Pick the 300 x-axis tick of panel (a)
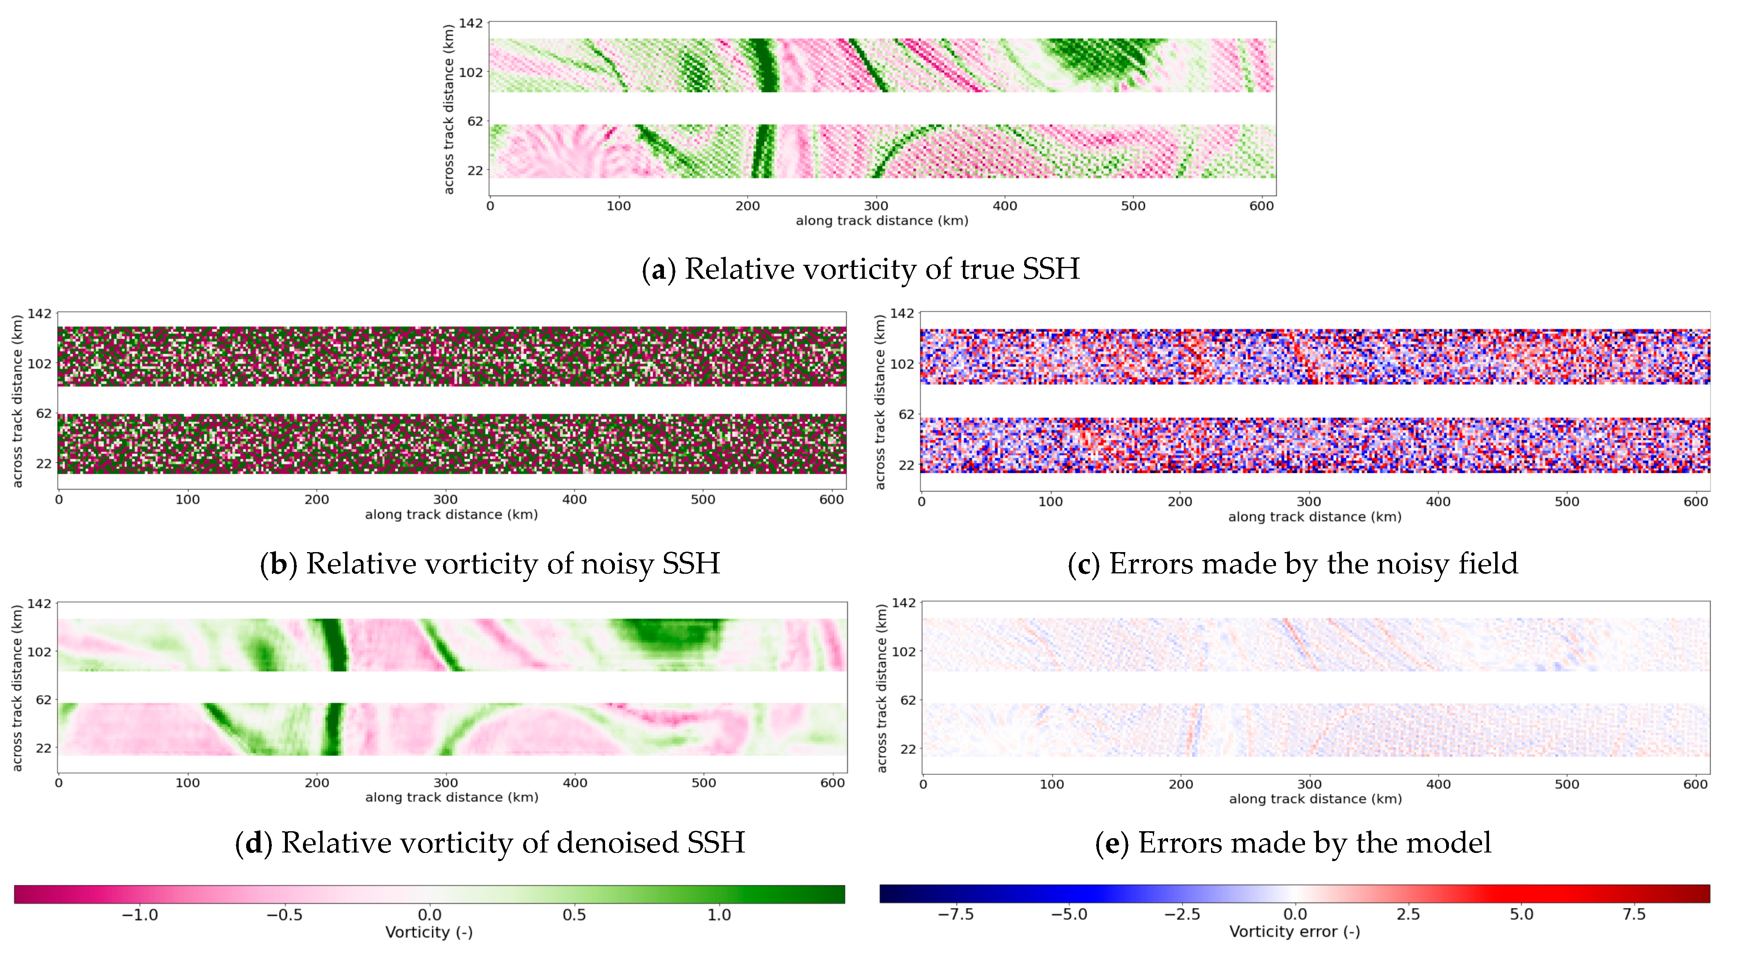[876, 206]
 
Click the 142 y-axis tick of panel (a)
[471, 24]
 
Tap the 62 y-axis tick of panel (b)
[44, 413]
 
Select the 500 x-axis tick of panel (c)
[1567, 502]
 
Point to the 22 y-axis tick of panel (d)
[44, 748]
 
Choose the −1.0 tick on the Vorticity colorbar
[140, 915]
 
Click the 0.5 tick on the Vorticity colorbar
[574, 915]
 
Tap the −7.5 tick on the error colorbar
[956, 915]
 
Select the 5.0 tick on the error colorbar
[1521, 915]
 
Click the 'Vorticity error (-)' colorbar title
[1294, 932]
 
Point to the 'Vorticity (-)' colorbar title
[429, 932]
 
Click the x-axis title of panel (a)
[882, 221]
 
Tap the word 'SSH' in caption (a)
[1050, 269]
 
